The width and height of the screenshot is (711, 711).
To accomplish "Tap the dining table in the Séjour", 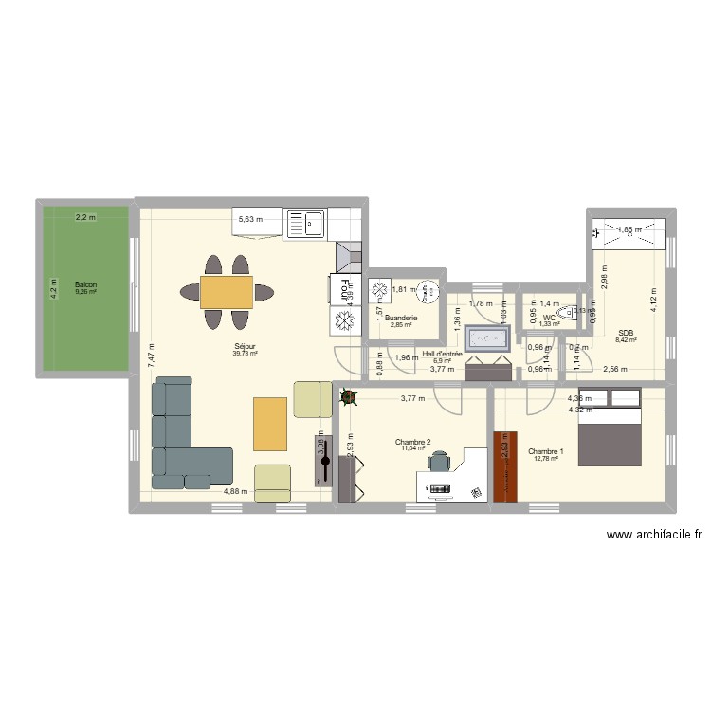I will coord(227,291).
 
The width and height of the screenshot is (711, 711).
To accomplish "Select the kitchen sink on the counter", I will coord(306,223).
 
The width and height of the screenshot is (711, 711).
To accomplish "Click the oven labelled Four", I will coord(342,288).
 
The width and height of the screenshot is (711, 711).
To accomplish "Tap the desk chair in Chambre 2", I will coord(440,461).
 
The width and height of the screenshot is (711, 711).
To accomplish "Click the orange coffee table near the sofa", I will coord(270,423).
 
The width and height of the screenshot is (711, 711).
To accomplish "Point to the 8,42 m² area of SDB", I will coord(625,339).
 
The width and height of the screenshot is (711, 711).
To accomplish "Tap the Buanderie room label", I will coord(402,318).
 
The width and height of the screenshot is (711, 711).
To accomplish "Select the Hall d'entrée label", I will coord(442,354).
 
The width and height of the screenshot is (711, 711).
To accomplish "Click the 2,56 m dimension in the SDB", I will coord(616,369).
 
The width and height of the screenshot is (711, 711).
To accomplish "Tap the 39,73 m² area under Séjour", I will coord(245,354).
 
